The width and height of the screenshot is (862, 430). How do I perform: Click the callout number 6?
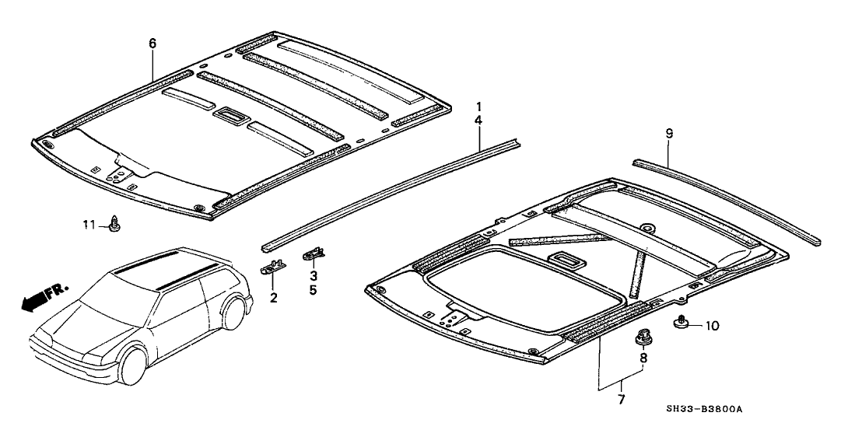pos(152,44)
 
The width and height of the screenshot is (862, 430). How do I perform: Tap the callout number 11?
pos(90,225)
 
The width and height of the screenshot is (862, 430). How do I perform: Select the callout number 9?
pos(669,134)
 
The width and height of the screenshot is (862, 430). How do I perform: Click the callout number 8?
pos(643,358)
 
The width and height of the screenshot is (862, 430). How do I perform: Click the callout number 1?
pos(479,105)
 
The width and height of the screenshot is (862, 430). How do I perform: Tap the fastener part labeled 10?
pos(681,322)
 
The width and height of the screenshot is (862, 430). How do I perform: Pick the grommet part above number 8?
pos(643,337)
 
